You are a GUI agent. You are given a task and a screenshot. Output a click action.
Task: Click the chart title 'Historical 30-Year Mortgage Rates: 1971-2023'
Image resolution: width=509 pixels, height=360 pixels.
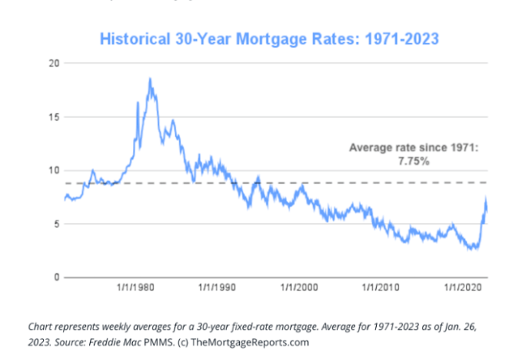[x=269, y=37]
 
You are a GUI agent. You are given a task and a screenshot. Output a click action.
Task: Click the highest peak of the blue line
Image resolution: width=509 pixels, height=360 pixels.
[x=150, y=79]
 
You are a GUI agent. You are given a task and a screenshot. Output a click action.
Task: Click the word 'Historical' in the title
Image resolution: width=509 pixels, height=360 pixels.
[x=134, y=37]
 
